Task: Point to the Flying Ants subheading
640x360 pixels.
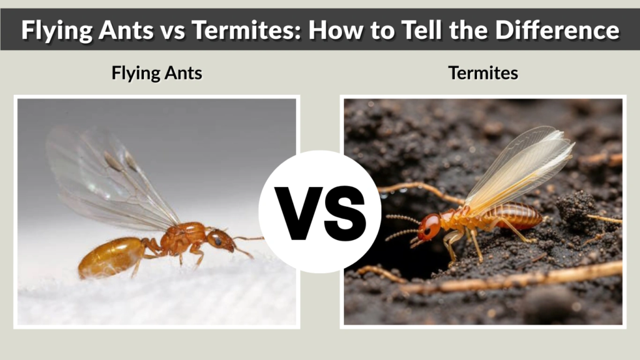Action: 157,73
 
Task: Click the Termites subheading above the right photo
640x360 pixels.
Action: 483,73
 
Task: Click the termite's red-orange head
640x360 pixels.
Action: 429,226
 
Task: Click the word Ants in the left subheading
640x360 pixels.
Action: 186,73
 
